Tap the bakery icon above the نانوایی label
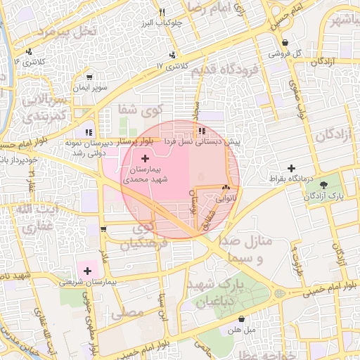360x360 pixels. [226, 188]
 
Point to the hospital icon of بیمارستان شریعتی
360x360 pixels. [88, 270]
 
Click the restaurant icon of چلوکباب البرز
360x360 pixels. [162, 12]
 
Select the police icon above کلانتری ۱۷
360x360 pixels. [172, 55]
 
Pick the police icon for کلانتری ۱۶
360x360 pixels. [29, 51]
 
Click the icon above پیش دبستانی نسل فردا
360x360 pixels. [202, 131]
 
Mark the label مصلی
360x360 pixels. [134, 309]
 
